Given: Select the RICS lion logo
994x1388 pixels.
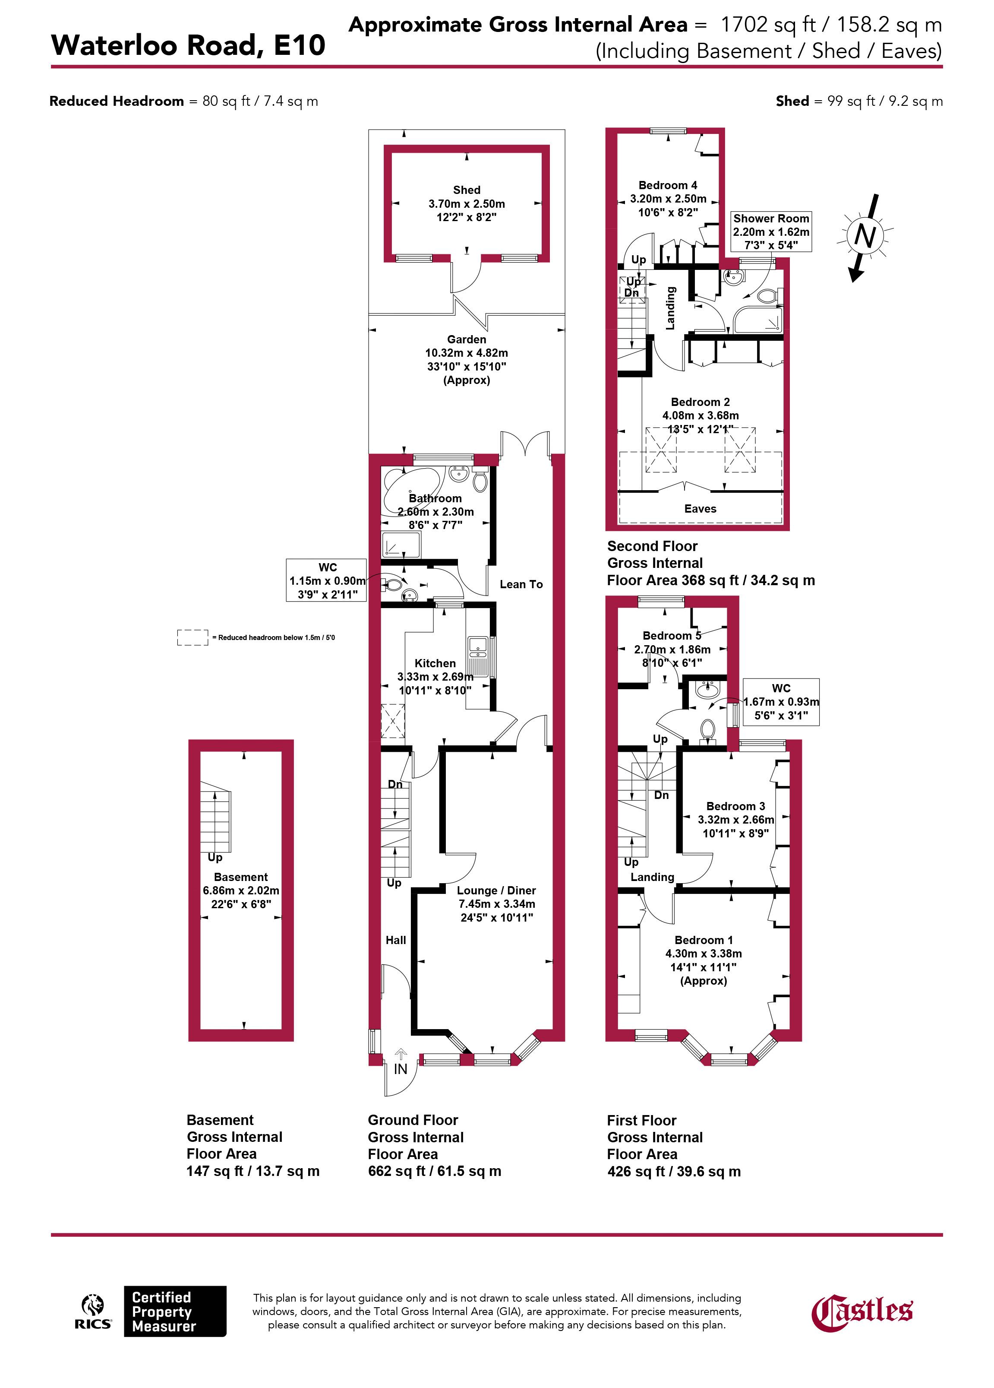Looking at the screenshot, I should tap(93, 1307).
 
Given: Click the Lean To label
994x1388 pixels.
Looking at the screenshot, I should tap(521, 584).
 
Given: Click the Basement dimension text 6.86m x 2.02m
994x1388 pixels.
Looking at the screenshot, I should tap(241, 890).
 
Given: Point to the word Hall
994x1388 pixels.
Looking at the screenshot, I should tap(396, 940).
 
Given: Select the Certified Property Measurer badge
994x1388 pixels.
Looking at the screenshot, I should tap(175, 1312).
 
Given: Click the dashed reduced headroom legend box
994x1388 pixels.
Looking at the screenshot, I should tap(192, 637).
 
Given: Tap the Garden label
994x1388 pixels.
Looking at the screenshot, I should tap(466, 339).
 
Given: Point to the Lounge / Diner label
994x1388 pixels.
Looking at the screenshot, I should tap(496, 890).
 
